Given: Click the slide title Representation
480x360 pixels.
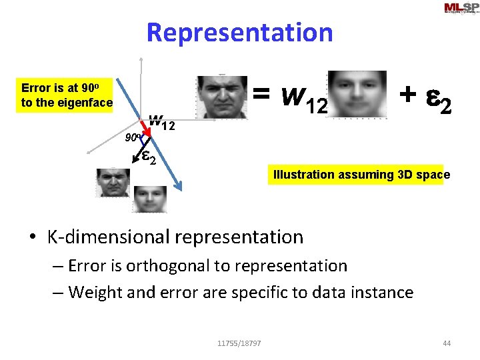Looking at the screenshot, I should point(239,32).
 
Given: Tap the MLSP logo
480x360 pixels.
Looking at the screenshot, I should point(461,9).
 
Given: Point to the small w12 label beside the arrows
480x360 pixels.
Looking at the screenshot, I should point(161,123).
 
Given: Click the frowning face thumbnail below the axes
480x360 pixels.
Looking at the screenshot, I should point(113,182).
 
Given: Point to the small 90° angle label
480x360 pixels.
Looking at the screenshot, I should point(132,139).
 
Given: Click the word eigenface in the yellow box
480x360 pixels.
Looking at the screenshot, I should point(85,103).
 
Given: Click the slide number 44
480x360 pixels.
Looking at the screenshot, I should point(447,343).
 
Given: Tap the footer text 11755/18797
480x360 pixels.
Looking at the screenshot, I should point(239,343).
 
